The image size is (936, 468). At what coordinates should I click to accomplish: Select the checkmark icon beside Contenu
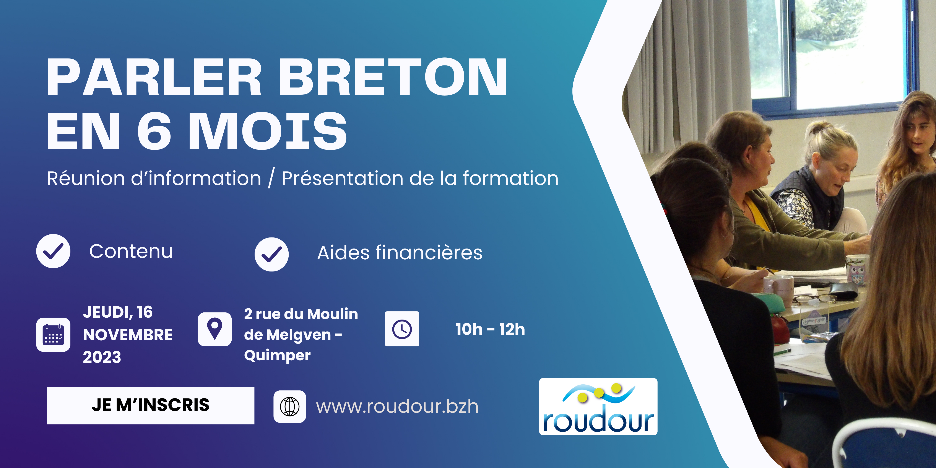tap(54, 251)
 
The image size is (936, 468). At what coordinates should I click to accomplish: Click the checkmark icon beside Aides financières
tap(271, 254)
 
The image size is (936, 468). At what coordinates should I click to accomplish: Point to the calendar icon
tap(54, 334)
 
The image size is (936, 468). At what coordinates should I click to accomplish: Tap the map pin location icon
tap(214, 329)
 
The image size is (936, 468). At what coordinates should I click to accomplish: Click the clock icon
tap(402, 329)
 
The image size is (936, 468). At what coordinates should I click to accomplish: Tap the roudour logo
tap(598, 407)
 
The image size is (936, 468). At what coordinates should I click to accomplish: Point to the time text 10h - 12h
tap(490, 329)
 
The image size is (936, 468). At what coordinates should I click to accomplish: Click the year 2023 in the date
tap(102, 357)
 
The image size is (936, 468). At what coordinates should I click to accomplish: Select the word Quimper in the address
tap(277, 355)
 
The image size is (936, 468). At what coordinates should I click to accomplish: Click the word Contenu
tap(131, 251)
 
